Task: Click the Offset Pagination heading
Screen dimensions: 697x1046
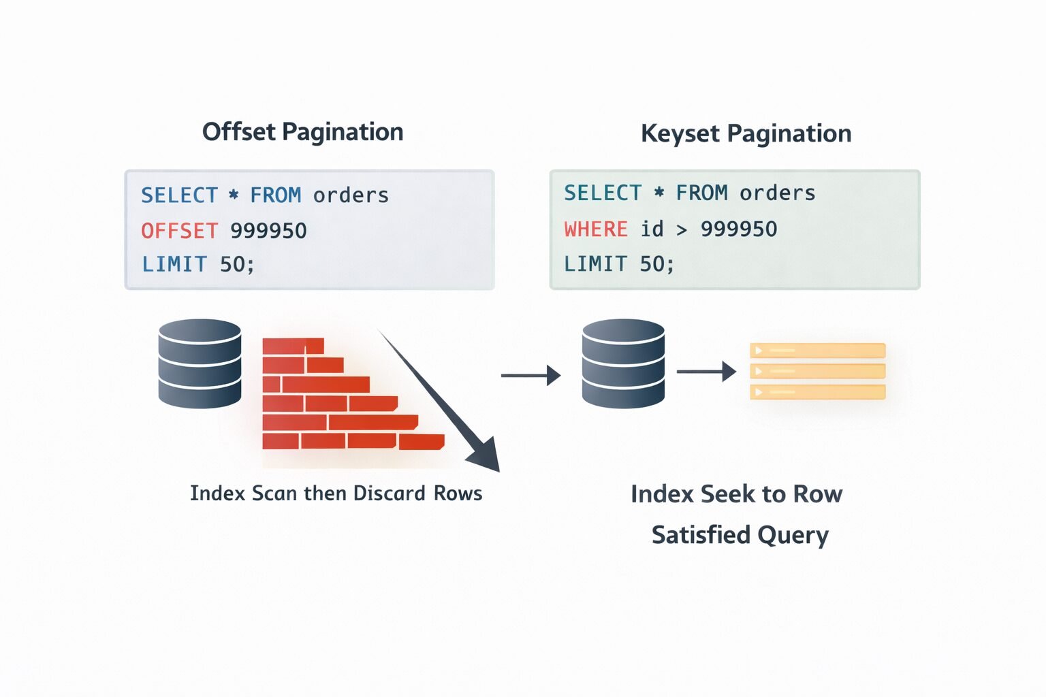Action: pos(302,132)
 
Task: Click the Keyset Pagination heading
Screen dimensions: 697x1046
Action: pos(746,133)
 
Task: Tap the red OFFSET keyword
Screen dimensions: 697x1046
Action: pos(180,231)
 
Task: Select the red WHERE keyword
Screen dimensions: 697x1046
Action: pos(596,229)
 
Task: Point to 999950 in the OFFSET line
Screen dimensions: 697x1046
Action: pos(268,231)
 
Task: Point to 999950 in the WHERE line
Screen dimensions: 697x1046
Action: pos(739,229)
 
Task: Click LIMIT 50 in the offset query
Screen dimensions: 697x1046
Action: pos(197,264)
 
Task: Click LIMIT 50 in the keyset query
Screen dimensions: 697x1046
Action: pos(618,263)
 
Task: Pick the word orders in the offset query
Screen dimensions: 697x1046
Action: pos(351,196)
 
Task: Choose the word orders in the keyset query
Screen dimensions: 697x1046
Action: pos(777,193)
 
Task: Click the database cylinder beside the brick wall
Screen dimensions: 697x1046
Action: pos(200,363)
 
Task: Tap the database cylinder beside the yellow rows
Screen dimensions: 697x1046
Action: pos(623,363)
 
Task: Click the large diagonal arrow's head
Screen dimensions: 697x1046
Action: pos(486,457)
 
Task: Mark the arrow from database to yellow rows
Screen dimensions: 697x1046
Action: pos(706,372)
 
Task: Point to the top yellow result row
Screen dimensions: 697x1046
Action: pos(817,351)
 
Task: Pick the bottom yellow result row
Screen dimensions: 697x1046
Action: pos(817,392)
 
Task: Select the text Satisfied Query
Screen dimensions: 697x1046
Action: pos(740,535)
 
